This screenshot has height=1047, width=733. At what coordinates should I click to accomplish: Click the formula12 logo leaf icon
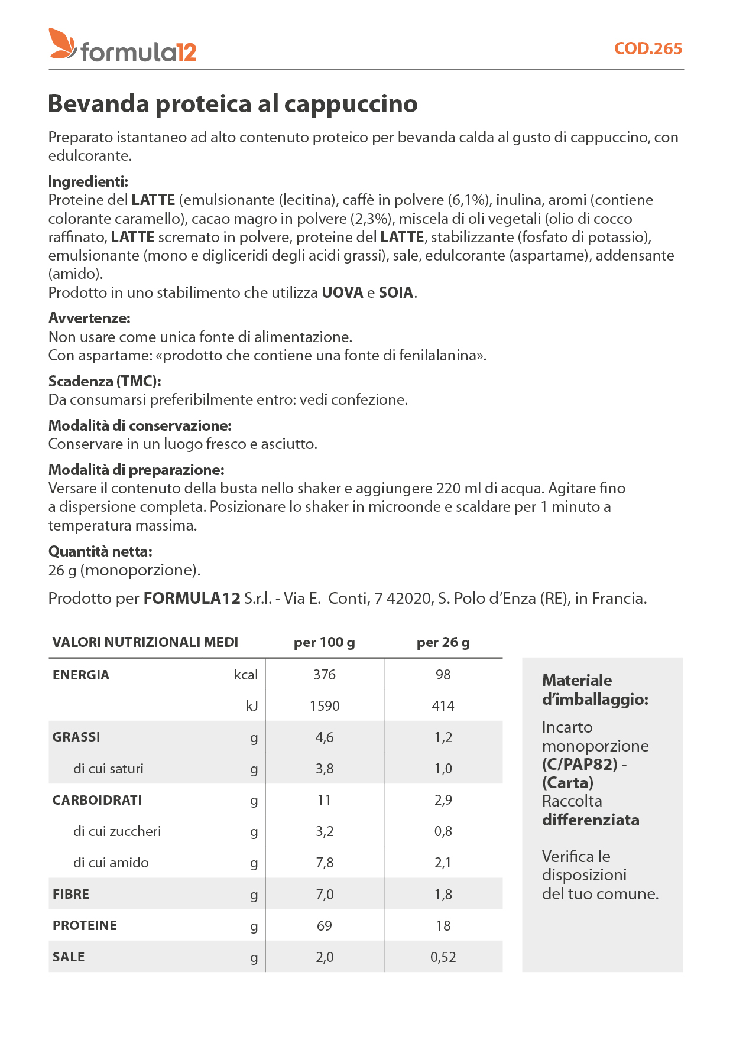coord(62,44)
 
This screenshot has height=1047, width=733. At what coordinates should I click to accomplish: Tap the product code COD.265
coord(648,48)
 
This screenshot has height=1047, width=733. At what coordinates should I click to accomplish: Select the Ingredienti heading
coord(88,181)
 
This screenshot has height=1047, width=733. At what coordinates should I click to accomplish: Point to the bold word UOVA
coord(342,292)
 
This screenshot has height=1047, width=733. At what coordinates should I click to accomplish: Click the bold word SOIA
coord(395,292)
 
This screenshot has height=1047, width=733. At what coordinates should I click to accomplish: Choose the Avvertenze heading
coord(89,318)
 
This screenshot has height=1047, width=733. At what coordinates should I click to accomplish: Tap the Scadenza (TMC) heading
coord(105,381)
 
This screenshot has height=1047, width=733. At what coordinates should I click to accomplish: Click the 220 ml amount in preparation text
coord(455,489)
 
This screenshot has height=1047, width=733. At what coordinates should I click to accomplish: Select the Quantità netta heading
coord(100,551)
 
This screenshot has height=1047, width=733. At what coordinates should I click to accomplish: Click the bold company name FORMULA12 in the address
coord(192,599)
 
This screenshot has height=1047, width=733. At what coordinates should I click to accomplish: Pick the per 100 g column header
coord(325,642)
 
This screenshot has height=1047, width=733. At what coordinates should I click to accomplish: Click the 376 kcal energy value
coord(325,675)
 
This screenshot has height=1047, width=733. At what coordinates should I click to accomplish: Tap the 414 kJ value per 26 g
coord(443,706)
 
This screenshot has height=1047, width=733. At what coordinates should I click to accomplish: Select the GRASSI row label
coord(76,737)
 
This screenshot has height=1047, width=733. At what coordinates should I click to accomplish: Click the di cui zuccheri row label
coord(117,831)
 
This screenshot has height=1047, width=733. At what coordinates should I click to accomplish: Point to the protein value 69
coord(325,926)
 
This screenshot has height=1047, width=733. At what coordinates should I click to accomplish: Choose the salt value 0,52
coord(443,957)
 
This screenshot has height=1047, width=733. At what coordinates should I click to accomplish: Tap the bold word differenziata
coord(591,820)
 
